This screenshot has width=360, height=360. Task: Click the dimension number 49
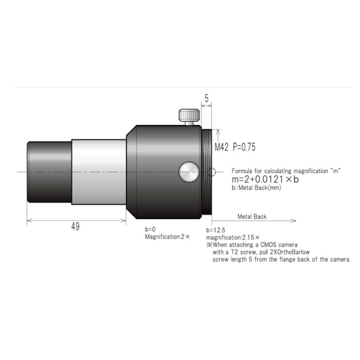point(75,227)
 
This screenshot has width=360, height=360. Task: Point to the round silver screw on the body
point(188,172)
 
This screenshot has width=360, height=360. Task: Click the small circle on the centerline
point(213,171)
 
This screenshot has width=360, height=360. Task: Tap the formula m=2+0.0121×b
point(265,179)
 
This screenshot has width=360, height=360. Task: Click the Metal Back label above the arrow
point(252,216)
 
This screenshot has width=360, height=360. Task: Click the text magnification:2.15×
point(233,237)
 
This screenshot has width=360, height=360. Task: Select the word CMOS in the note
point(268,245)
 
